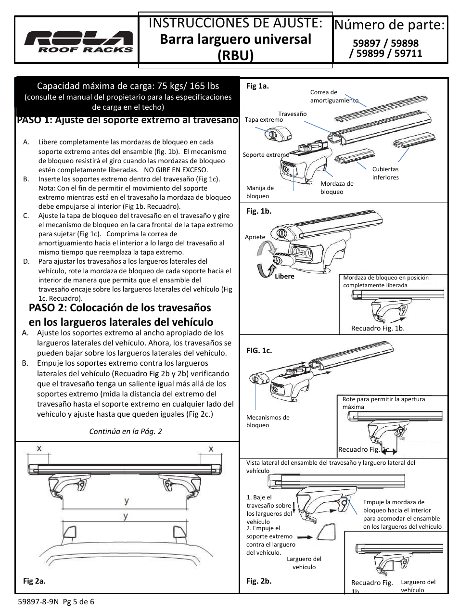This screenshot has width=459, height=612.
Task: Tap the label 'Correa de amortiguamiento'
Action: [334, 96]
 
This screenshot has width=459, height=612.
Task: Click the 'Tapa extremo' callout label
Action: [264, 120]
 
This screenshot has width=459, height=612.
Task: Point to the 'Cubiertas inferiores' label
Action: [385, 173]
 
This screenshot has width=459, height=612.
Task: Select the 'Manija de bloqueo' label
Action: [260, 192]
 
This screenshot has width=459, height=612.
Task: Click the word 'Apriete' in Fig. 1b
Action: [255, 237]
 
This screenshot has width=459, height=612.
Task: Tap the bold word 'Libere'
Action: [284, 277]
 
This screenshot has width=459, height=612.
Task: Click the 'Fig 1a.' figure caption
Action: [257, 86]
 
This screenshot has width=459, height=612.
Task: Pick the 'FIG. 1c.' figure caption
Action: [259, 351]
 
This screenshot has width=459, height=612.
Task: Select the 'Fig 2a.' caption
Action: [34, 581]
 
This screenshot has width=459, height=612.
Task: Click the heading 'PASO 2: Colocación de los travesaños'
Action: [120, 307]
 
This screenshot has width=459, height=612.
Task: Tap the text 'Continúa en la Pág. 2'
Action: [126, 431]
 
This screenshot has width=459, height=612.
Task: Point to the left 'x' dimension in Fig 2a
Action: [39, 449]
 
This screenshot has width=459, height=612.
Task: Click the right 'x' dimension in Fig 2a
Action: [211, 449]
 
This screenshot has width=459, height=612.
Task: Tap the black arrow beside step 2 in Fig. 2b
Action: [305, 536]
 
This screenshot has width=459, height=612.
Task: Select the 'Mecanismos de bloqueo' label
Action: [268, 421]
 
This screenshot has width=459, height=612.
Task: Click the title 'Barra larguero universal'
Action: [235, 39]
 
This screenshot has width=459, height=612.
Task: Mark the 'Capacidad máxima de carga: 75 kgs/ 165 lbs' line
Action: [128, 86]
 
